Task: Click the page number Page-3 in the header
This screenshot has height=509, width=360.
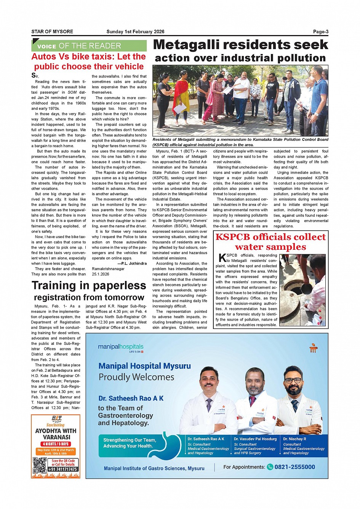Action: pyautogui.click(x=320, y=32)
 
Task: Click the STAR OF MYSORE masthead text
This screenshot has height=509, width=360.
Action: pyautogui.click(x=52, y=32)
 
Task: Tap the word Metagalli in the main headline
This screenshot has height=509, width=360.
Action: pyautogui.click(x=187, y=45)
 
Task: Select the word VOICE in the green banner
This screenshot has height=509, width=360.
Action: pyautogui.click(x=47, y=46)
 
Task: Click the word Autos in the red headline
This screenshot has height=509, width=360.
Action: pyautogui.click(x=43, y=57)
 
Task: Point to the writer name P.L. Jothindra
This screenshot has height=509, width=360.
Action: pyautogui.click(x=132, y=263)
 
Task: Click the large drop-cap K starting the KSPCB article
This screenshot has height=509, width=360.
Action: pyautogui.click(x=222, y=258)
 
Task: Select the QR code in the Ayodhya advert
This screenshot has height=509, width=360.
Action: pyautogui.click(x=39, y=465)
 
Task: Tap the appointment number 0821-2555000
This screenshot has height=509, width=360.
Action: pyautogui.click(x=294, y=467)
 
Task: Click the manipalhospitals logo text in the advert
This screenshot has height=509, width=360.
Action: pyautogui.click(x=120, y=347)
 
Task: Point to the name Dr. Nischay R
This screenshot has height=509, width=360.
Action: pyautogui.click(x=294, y=439)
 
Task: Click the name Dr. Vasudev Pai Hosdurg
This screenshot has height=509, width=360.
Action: pyautogui.click(x=255, y=439)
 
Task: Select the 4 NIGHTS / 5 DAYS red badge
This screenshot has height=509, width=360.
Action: pyautogui.click(x=56, y=444)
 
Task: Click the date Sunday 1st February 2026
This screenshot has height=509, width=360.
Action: pyautogui.click(x=135, y=32)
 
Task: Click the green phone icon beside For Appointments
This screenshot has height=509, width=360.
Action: pyautogui.click(x=270, y=467)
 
